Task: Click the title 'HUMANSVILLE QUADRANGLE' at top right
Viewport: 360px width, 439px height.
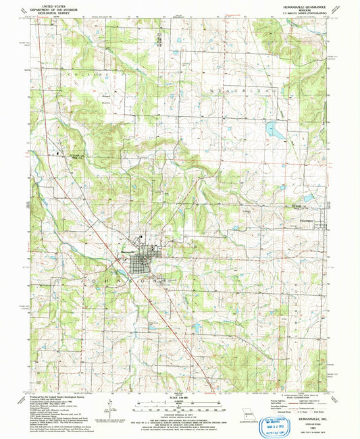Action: tap(301, 5)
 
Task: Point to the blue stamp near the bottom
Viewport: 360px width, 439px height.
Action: tap(278, 423)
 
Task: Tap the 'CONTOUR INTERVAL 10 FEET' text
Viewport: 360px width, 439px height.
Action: tap(179, 407)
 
